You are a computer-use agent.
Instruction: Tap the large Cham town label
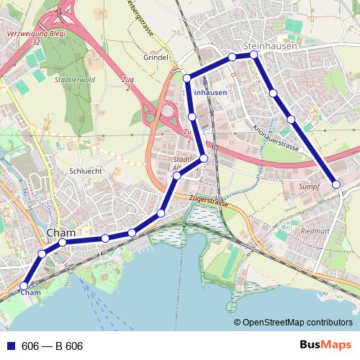60,233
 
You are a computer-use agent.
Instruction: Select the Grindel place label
156,57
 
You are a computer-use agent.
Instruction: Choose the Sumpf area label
308,186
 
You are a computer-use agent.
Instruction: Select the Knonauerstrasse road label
276,135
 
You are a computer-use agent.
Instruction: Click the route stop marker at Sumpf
336,185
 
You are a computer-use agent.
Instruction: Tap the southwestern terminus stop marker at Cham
24,285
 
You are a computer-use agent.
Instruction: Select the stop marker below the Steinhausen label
253,55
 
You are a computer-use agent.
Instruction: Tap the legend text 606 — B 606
53,346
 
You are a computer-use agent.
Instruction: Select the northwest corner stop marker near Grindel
186,78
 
